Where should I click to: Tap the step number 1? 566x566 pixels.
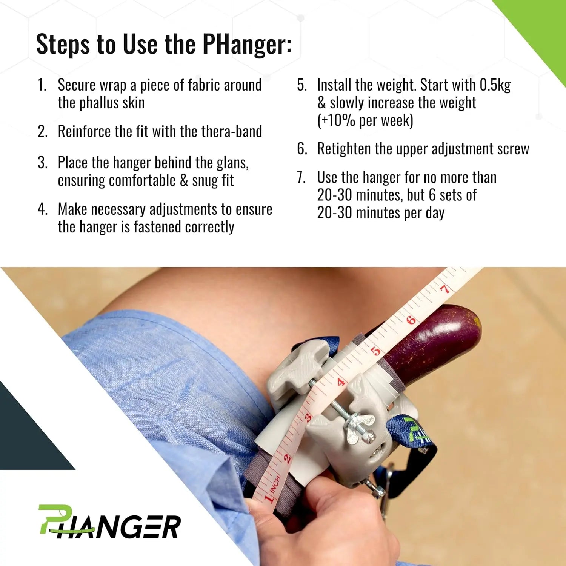tap(42, 85)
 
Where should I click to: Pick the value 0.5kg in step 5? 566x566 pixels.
tap(495, 85)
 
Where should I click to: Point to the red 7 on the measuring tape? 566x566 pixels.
tap(445, 289)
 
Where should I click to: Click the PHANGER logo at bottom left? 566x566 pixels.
tap(109, 522)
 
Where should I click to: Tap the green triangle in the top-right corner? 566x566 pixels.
tap(543, 26)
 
